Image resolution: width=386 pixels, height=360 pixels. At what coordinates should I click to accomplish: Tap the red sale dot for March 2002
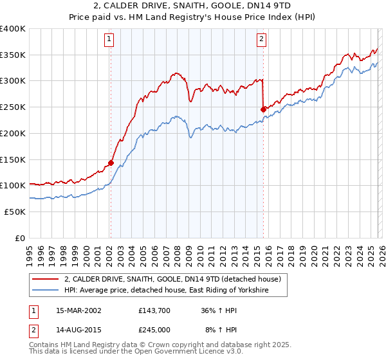(111, 163)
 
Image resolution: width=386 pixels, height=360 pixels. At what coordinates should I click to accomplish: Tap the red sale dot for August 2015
(263, 109)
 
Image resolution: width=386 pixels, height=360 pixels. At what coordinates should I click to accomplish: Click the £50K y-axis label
(15, 212)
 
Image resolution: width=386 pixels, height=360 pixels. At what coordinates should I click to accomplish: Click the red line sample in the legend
(46, 280)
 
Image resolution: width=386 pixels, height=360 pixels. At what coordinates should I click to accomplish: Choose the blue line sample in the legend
(46, 291)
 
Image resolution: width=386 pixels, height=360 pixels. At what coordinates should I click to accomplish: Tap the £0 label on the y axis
(20, 238)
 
